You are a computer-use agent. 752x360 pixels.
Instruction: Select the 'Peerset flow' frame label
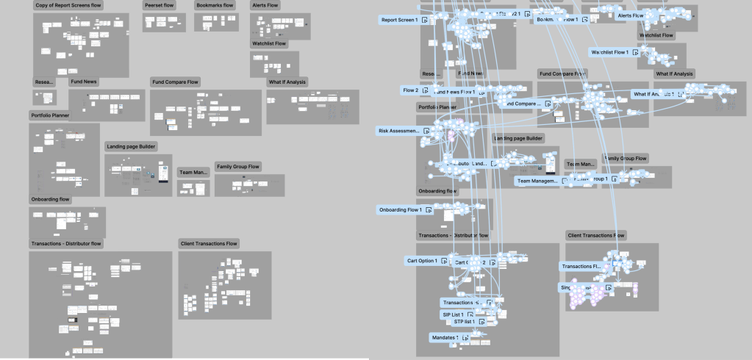159,5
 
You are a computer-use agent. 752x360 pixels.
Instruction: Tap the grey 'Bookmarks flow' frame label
215,5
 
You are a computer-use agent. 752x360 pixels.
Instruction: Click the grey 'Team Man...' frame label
194,172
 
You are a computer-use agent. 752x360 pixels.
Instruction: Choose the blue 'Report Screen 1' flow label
400,21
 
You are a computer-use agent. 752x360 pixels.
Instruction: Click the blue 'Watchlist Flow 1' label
611,52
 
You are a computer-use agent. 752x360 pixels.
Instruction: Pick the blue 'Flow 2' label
410,90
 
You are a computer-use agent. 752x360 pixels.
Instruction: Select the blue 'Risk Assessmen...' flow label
399,131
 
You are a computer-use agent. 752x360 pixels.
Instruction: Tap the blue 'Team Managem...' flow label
537,181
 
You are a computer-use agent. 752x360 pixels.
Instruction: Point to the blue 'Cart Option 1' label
422,261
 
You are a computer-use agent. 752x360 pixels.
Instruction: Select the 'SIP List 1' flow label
453,314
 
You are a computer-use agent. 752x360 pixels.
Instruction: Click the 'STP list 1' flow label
464,322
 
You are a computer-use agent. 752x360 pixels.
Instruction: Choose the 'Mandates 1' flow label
444,337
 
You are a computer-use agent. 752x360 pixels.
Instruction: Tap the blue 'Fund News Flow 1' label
454,93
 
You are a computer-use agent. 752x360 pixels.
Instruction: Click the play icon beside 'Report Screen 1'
426,21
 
